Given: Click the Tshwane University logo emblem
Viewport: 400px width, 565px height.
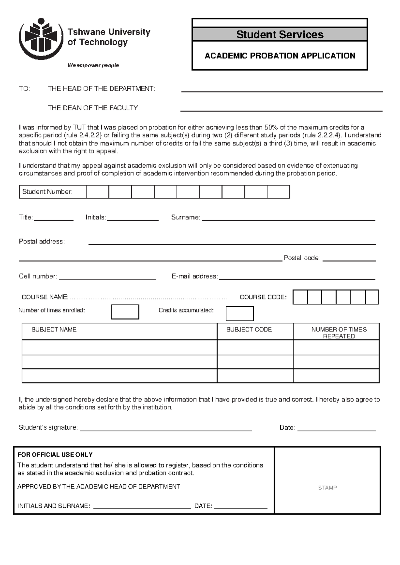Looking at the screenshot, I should tap(41, 38).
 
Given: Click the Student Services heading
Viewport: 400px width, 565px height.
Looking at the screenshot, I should tap(280, 34).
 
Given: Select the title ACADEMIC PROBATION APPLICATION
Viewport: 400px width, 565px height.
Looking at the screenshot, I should tap(280, 56).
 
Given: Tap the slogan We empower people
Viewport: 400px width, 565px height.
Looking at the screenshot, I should tap(93, 65).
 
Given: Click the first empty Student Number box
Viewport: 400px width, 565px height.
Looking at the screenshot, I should tap(97, 192).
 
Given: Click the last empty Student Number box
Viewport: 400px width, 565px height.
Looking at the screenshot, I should tap(278, 192).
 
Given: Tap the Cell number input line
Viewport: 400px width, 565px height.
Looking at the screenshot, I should tap(107, 278).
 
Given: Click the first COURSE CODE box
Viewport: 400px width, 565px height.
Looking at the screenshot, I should tap(300, 297).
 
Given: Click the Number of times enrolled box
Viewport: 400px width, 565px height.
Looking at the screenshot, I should tap(125, 312).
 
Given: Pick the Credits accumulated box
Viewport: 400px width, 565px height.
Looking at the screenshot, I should tap(240, 313).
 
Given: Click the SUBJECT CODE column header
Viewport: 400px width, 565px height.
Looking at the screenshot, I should tap(249, 329).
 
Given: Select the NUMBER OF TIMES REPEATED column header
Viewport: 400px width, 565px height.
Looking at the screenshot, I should tap(339, 332).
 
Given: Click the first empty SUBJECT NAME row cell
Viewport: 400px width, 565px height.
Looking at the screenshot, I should tap(119, 347).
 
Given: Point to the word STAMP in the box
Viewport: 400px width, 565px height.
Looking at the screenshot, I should tap(327, 488).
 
